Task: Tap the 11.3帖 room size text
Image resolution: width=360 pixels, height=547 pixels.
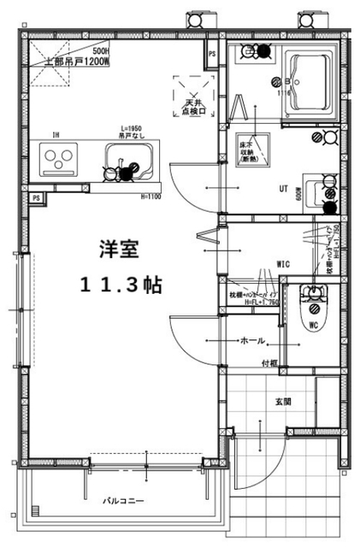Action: pyautogui.click(x=119, y=284)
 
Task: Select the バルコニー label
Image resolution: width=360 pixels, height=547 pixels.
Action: pyautogui.click(x=124, y=501)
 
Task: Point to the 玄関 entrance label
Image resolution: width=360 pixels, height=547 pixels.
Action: pyautogui.click(x=283, y=400)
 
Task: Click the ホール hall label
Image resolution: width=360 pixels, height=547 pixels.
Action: pyautogui.click(x=252, y=340)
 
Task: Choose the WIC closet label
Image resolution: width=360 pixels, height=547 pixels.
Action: pyautogui.click(x=283, y=264)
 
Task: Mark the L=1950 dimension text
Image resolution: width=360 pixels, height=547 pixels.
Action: pyautogui.click(x=129, y=128)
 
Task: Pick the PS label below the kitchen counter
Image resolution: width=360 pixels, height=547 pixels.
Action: pyautogui.click(x=37, y=197)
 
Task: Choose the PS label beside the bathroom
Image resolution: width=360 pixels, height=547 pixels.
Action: pyautogui.click(x=212, y=56)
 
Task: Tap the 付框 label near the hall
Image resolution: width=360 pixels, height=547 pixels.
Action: pyautogui.click(x=269, y=363)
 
